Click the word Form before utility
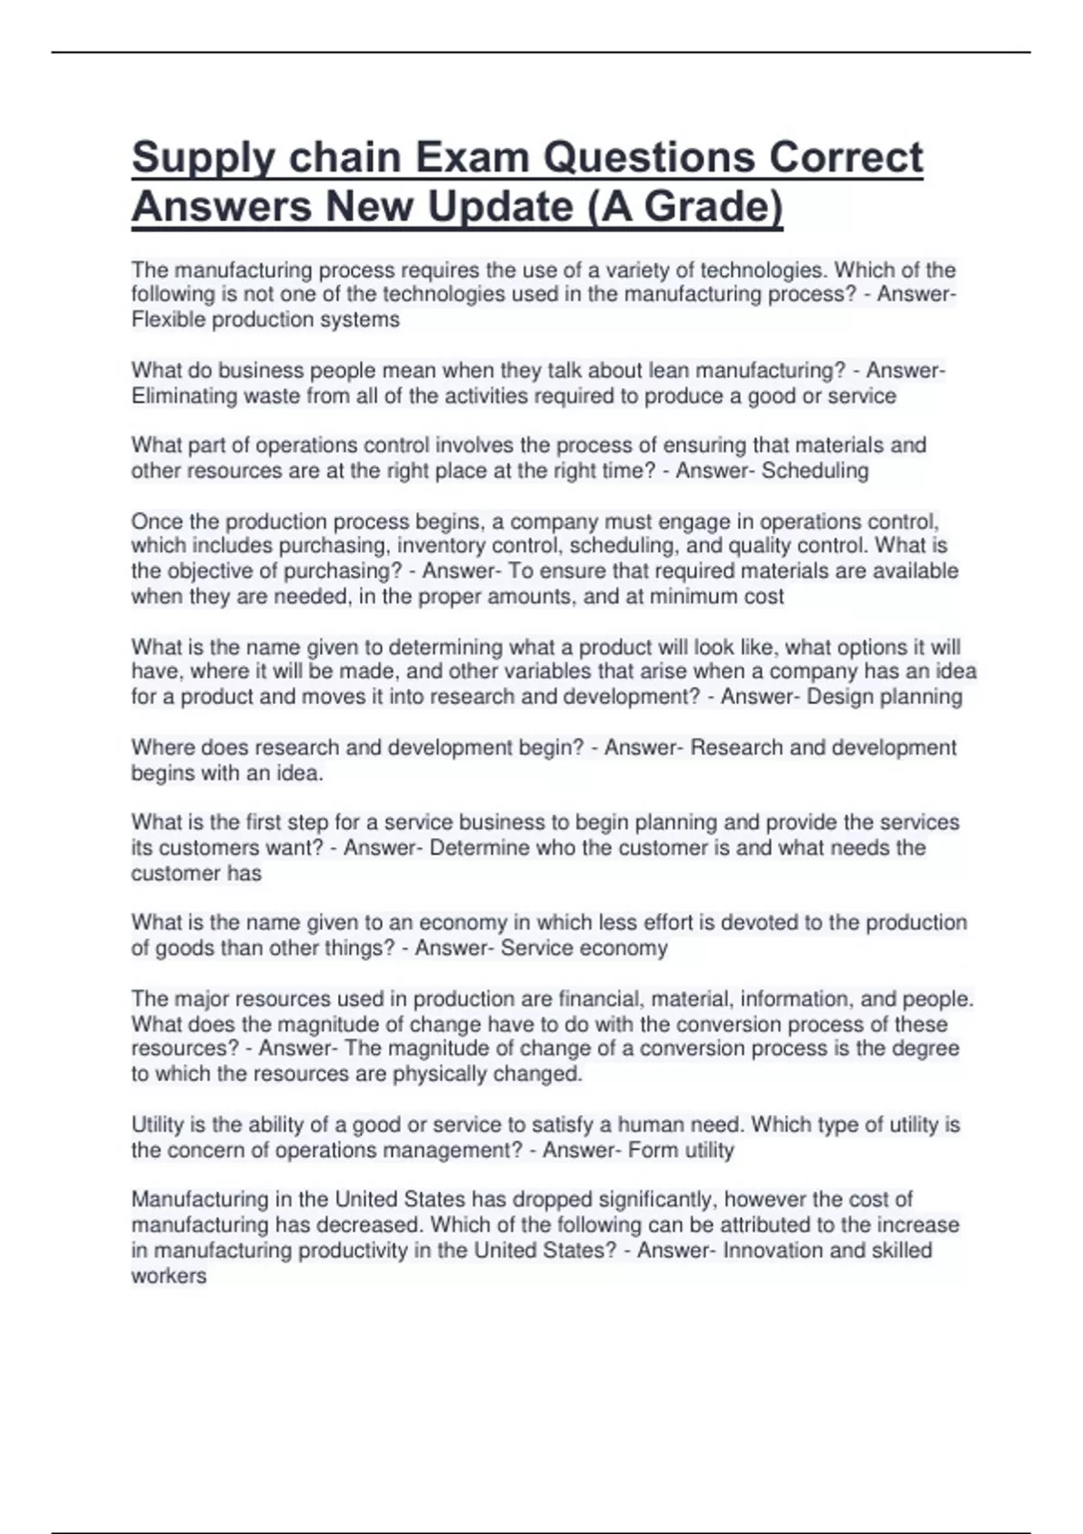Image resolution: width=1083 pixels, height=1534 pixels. tap(647, 1150)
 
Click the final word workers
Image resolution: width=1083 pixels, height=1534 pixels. tap(169, 1275)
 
